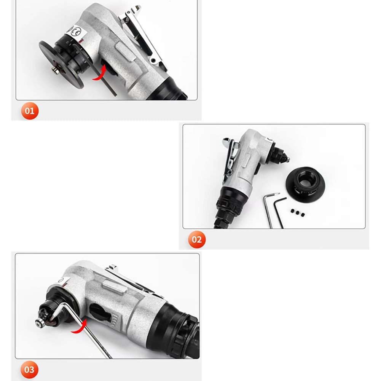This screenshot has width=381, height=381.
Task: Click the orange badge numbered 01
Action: click(x=30, y=111)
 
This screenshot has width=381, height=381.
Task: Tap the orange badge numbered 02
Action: click(x=197, y=239)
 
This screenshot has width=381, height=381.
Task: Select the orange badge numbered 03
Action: click(x=29, y=370)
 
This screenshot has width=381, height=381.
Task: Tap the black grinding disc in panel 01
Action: click(x=61, y=64)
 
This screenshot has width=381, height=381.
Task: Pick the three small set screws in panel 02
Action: click(x=297, y=213)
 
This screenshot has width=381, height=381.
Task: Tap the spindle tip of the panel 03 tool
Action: click(x=39, y=323)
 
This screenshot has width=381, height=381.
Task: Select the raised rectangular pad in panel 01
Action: click(x=125, y=51)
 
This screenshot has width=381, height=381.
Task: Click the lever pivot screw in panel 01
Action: click(x=153, y=60)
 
